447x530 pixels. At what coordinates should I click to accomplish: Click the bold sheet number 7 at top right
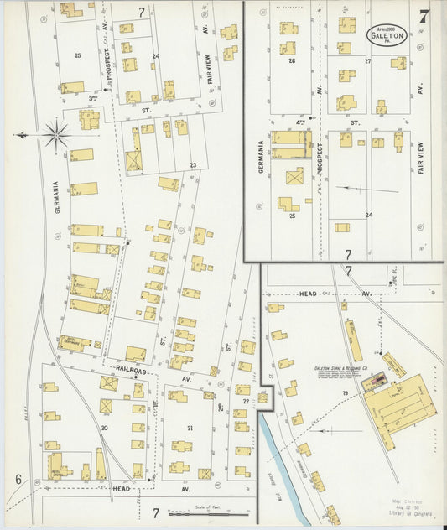point(424,16)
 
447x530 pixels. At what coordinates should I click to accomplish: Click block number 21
point(190,429)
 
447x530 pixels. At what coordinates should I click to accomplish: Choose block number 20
point(104,428)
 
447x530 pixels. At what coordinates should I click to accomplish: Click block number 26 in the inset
point(292,60)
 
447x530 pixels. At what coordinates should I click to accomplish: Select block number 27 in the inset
point(367,61)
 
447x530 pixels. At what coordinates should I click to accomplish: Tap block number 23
point(193,165)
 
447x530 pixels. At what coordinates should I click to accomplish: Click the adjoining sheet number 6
point(17,479)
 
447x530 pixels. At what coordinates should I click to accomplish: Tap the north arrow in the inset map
point(356,189)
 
